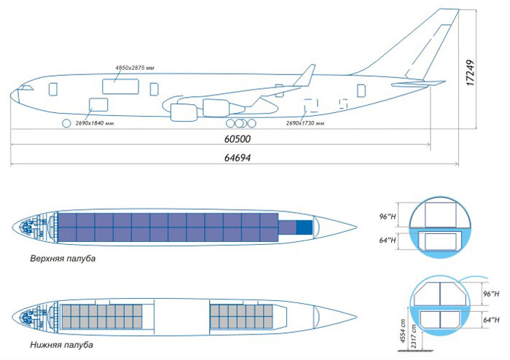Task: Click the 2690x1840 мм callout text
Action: pyautogui.click(x=95, y=123)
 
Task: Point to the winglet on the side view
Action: pyautogui.click(x=307, y=74)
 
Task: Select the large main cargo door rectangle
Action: pyautogui.click(x=119, y=86)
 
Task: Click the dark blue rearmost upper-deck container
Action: pyautogui.click(x=304, y=227)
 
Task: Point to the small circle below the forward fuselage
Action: pyautogui.click(x=67, y=123)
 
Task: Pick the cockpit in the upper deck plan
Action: pyautogui.click(x=30, y=226)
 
